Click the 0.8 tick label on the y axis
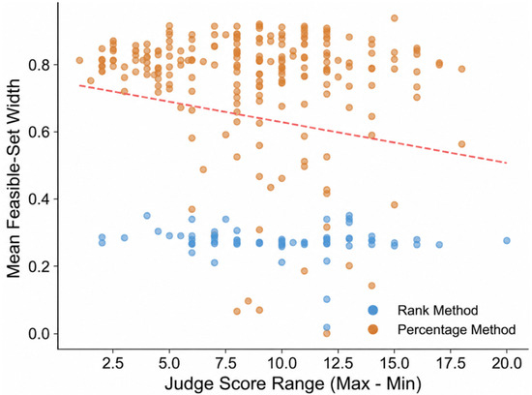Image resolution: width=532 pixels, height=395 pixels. [x=39, y=65]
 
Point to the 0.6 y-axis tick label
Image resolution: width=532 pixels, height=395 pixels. [x=39, y=132]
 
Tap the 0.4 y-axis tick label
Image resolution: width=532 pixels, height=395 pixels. [x=39, y=199]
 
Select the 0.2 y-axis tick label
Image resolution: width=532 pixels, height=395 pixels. [x=39, y=266]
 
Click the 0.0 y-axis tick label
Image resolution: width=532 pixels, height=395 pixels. [x=39, y=334]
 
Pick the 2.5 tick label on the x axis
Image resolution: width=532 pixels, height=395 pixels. [x=113, y=364]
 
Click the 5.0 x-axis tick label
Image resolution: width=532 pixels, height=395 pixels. [x=169, y=364]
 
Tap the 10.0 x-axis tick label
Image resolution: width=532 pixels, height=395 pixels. [x=281, y=364]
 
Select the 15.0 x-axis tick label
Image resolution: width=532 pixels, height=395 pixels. [x=395, y=364]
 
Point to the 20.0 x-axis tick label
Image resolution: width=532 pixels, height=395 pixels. [x=507, y=364]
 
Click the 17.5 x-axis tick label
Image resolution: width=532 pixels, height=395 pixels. [x=451, y=364]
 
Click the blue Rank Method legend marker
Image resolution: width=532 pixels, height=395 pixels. [x=372, y=310]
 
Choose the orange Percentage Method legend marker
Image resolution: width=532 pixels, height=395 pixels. [x=372, y=329]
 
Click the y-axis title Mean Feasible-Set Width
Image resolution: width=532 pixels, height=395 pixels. [x=14, y=179]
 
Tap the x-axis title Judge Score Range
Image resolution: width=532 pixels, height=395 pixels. [x=245, y=383]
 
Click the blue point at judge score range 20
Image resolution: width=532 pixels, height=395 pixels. [x=507, y=240]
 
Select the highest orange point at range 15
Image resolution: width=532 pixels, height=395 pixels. [x=395, y=18]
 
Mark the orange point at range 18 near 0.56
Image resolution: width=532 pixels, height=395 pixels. [x=461, y=144]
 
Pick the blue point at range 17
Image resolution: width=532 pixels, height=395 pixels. [x=439, y=245]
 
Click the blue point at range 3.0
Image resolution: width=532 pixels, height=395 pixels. [x=125, y=238]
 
